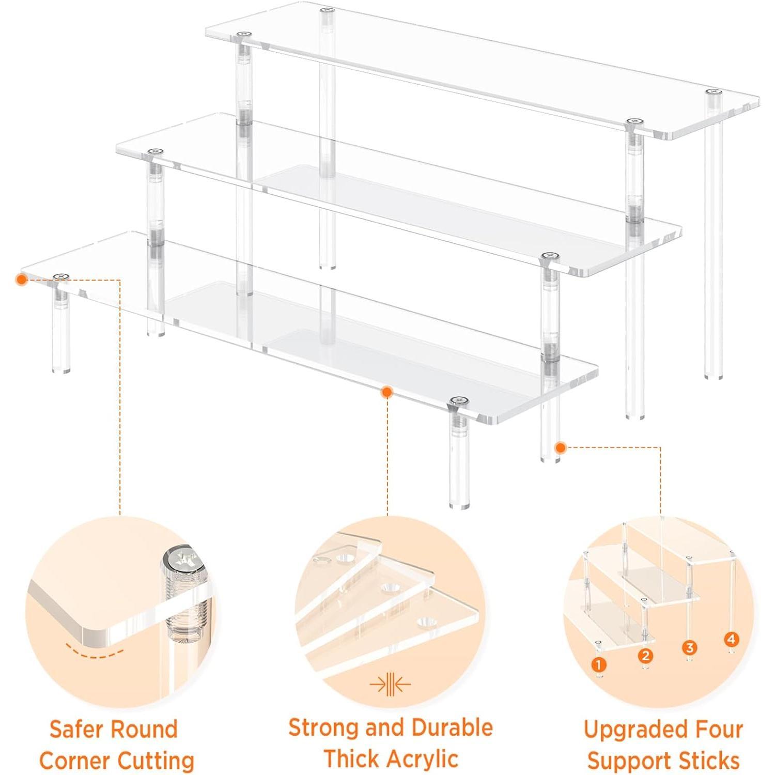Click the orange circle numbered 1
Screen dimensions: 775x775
tap(598, 664)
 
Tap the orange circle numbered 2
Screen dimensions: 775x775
tap(645, 656)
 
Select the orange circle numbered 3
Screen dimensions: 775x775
tap(689, 647)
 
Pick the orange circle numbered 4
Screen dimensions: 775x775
tap(731, 639)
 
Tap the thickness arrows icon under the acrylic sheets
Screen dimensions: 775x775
tap(390, 685)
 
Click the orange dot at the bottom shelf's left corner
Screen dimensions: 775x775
tap(21, 280)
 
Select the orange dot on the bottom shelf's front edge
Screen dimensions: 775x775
tap(386, 393)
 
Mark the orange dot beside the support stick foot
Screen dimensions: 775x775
tap(560, 447)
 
